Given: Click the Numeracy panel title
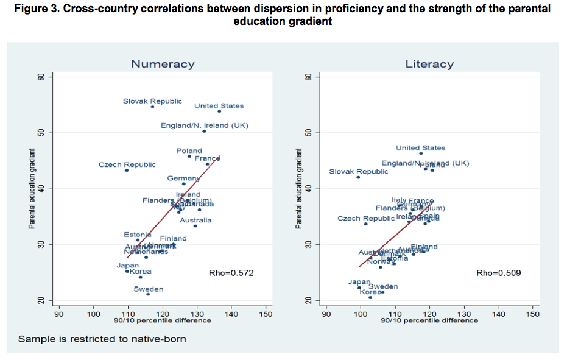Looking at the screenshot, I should click(x=163, y=64).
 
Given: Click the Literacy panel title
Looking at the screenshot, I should click(x=429, y=64).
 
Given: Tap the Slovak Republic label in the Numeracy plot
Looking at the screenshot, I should click(x=152, y=101).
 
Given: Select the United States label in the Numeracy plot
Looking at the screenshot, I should click(x=219, y=106).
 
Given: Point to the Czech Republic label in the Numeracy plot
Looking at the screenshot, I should click(x=127, y=164).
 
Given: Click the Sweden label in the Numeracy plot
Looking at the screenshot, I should click(x=148, y=289).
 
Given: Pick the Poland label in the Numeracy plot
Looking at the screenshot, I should click(x=189, y=151).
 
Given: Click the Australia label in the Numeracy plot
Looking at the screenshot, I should click(x=195, y=221).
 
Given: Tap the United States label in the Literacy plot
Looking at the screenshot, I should click(x=420, y=148).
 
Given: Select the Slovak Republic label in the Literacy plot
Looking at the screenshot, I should click(x=358, y=172).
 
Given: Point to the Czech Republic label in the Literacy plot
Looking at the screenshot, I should click(x=365, y=219).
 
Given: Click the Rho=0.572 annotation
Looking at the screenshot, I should click(x=231, y=274).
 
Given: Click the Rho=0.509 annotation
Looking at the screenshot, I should click(x=498, y=274).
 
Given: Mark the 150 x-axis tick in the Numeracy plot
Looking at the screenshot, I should click(x=266, y=314).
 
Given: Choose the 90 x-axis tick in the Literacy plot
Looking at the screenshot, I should click(x=326, y=314).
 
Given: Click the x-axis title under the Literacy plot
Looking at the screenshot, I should click(x=429, y=321).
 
